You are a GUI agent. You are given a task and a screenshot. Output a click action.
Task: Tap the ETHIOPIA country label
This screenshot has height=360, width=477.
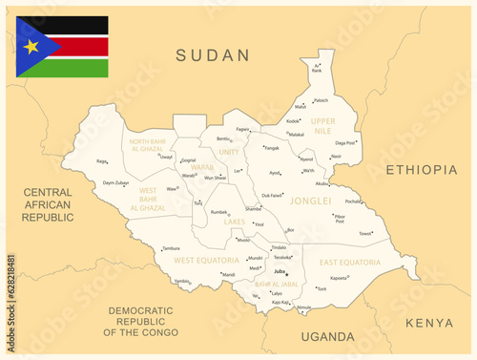421,170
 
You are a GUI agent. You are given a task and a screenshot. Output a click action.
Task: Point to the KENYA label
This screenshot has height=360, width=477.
429,323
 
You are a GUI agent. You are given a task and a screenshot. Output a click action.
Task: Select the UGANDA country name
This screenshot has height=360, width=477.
326,337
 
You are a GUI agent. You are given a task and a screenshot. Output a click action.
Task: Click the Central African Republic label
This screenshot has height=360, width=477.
48,204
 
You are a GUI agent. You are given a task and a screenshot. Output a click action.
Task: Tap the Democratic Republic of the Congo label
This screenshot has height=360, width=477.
140,321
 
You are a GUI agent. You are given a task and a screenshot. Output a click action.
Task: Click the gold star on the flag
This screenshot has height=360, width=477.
31,46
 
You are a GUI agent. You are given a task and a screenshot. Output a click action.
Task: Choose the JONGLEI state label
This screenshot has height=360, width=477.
311,201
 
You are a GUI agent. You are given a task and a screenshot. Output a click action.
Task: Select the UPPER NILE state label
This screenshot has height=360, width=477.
323,125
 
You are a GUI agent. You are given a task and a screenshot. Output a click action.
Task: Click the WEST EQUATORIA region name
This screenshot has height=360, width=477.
206,260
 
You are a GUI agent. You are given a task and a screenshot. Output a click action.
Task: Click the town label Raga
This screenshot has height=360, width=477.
101,161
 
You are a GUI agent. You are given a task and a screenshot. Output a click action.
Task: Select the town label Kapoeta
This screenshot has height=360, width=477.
339,277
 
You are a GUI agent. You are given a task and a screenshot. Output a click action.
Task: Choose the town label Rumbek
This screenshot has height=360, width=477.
218,212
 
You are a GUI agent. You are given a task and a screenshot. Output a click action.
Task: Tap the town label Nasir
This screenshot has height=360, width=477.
336,156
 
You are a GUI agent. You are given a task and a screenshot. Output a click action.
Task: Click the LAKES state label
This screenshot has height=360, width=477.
235,222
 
